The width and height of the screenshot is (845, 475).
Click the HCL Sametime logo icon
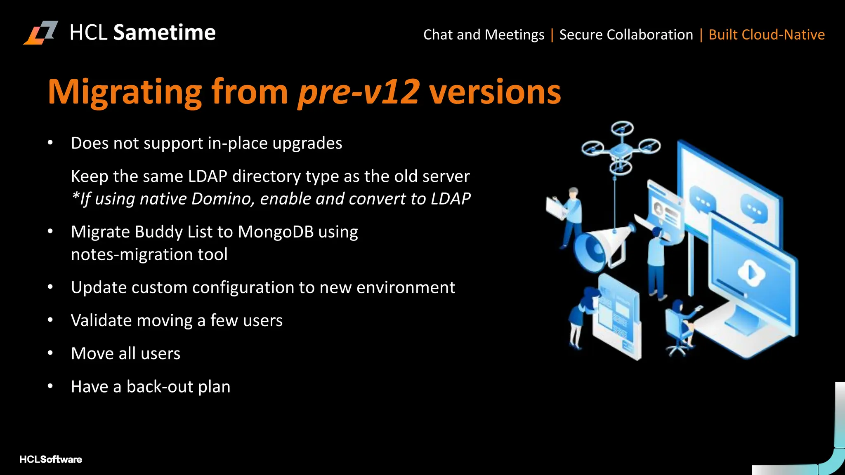coord(40,33)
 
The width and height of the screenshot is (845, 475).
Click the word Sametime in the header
coord(164,33)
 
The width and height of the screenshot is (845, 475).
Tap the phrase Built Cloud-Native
coord(766,35)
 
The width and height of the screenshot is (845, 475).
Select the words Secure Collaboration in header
coord(626,35)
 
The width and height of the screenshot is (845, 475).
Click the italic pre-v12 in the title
coord(358,92)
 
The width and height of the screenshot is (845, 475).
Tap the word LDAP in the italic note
coord(451,199)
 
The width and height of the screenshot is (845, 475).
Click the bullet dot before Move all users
coord(50,353)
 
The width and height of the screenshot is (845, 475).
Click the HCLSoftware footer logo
coord(51,459)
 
